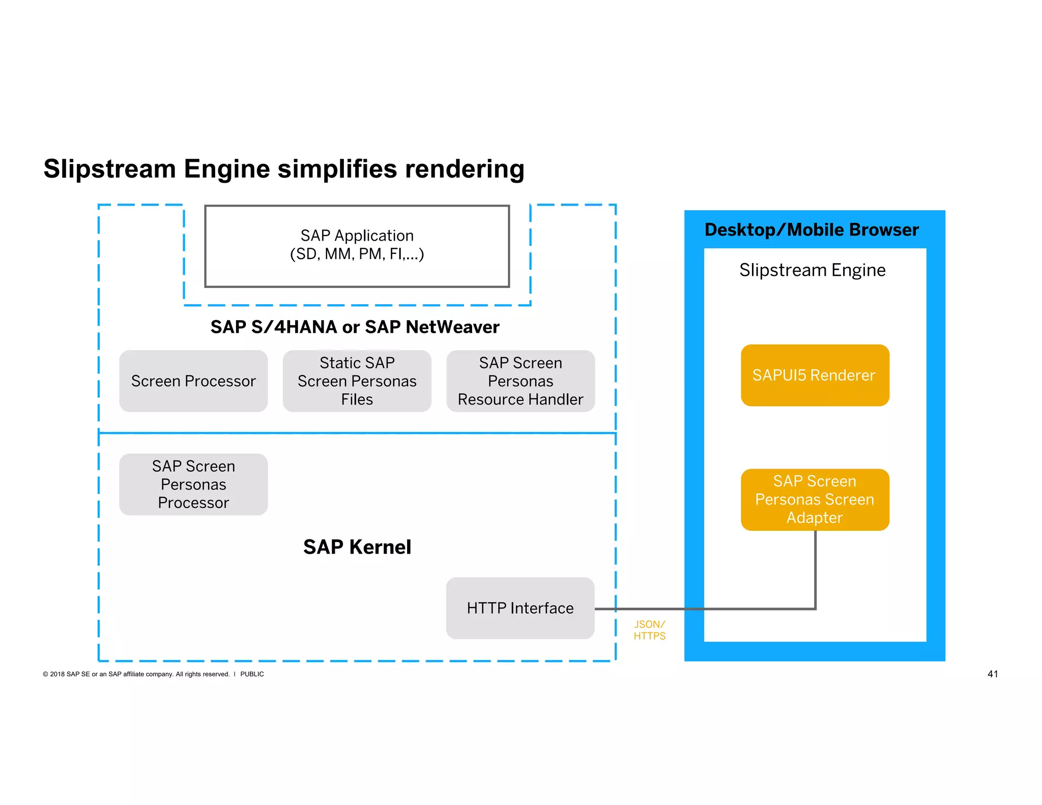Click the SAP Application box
pyautogui.click(x=357, y=246)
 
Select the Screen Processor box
pyautogui.click(x=193, y=381)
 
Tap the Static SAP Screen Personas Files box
pyautogui.click(x=357, y=381)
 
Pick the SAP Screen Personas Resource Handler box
pyautogui.click(x=520, y=381)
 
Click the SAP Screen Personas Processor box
pyautogui.click(x=193, y=484)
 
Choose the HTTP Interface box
pyautogui.click(x=520, y=608)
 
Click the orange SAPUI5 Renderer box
pyautogui.click(x=815, y=376)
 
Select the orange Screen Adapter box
pyautogui.click(x=815, y=500)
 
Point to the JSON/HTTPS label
pyautogui.click(x=649, y=630)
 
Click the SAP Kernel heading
pyautogui.click(x=357, y=547)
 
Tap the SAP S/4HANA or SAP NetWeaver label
pyautogui.click(x=355, y=327)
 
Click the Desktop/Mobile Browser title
pyautogui.click(x=812, y=230)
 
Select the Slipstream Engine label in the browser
pyautogui.click(x=812, y=270)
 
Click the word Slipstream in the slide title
pyautogui.click(x=109, y=169)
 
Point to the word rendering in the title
pyautogui.click(x=464, y=169)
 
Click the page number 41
pyautogui.click(x=992, y=674)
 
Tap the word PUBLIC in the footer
pyautogui.click(x=252, y=674)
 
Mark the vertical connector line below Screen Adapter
pyautogui.click(x=815, y=570)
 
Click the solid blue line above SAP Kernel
pyautogui.click(x=356, y=433)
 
